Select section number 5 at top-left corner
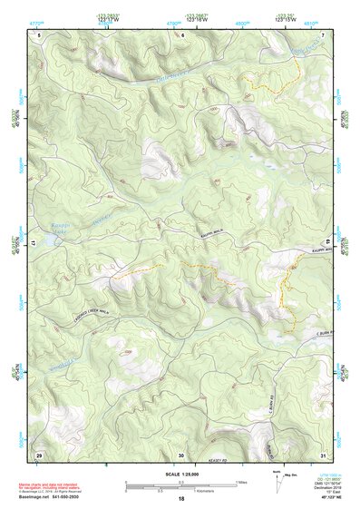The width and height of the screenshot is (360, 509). pyautogui.click(x=39, y=34)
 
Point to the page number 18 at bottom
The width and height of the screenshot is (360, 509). pyautogui.click(x=180, y=499)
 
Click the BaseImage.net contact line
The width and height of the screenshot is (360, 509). pyautogui.click(x=54, y=495)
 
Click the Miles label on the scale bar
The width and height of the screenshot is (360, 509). pyautogui.click(x=241, y=482)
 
